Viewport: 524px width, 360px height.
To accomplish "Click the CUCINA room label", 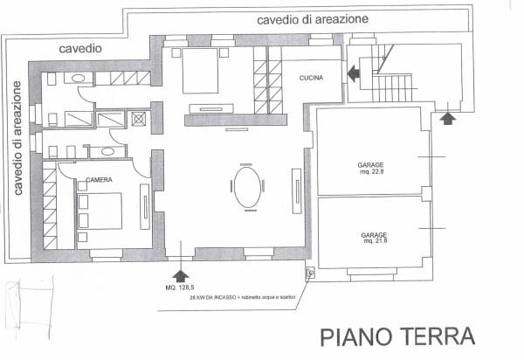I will [x=311, y=79].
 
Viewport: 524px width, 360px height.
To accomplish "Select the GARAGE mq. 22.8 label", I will [x=373, y=168].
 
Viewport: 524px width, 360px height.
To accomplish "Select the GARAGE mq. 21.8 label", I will [x=374, y=239].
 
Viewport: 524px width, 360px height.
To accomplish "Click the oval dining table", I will [x=246, y=187].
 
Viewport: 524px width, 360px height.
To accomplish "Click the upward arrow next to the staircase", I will [x=447, y=115].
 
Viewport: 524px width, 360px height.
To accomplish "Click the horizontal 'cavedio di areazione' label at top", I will [x=312, y=18].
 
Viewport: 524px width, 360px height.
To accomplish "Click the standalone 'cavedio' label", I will [x=81, y=49].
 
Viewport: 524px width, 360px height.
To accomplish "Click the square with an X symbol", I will [x=138, y=119].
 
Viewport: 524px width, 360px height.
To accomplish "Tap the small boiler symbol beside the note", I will [x=310, y=273].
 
